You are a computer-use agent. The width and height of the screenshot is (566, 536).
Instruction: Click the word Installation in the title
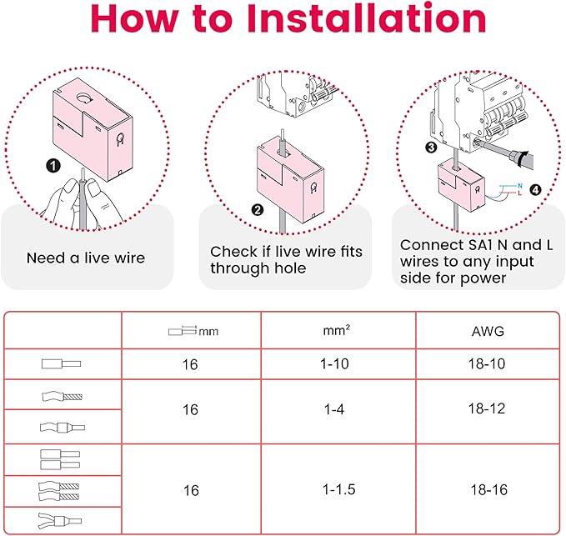(x=366, y=19)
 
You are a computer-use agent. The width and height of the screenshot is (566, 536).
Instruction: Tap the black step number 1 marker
(x=53, y=166)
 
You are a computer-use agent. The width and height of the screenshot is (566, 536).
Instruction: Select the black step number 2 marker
(x=258, y=210)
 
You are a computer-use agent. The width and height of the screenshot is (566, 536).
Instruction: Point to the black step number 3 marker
(x=431, y=148)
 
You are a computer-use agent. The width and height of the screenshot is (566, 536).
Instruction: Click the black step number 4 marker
(x=535, y=189)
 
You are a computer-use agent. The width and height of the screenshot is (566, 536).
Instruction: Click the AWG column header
(x=488, y=331)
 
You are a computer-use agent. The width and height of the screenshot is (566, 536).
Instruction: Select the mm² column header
(x=337, y=330)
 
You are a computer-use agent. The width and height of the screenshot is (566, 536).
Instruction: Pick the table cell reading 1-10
(x=334, y=363)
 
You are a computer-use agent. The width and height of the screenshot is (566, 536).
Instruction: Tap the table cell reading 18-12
(x=487, y=408)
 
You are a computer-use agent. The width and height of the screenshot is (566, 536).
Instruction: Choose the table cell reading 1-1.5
(x=338, y=489)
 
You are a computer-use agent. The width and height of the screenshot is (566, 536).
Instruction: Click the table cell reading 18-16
(x=488, y=490)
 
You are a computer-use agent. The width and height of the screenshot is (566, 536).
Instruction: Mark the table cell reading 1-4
(x=334, y=409)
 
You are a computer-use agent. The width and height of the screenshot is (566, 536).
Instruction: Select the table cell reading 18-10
(x=487, y=363)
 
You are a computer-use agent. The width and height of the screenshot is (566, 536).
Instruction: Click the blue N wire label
(x=520, y=186)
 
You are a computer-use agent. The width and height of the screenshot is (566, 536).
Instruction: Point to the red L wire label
(x=519, y=193)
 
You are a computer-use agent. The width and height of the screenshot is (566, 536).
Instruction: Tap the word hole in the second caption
(x=291, y=268)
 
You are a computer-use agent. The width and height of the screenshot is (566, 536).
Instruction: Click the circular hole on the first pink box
(x=84, y=98)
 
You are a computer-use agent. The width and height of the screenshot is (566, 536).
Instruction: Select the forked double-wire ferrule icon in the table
(x=60, y=521)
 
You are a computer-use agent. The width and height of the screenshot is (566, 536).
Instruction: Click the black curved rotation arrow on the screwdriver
(x=520, y=158)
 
